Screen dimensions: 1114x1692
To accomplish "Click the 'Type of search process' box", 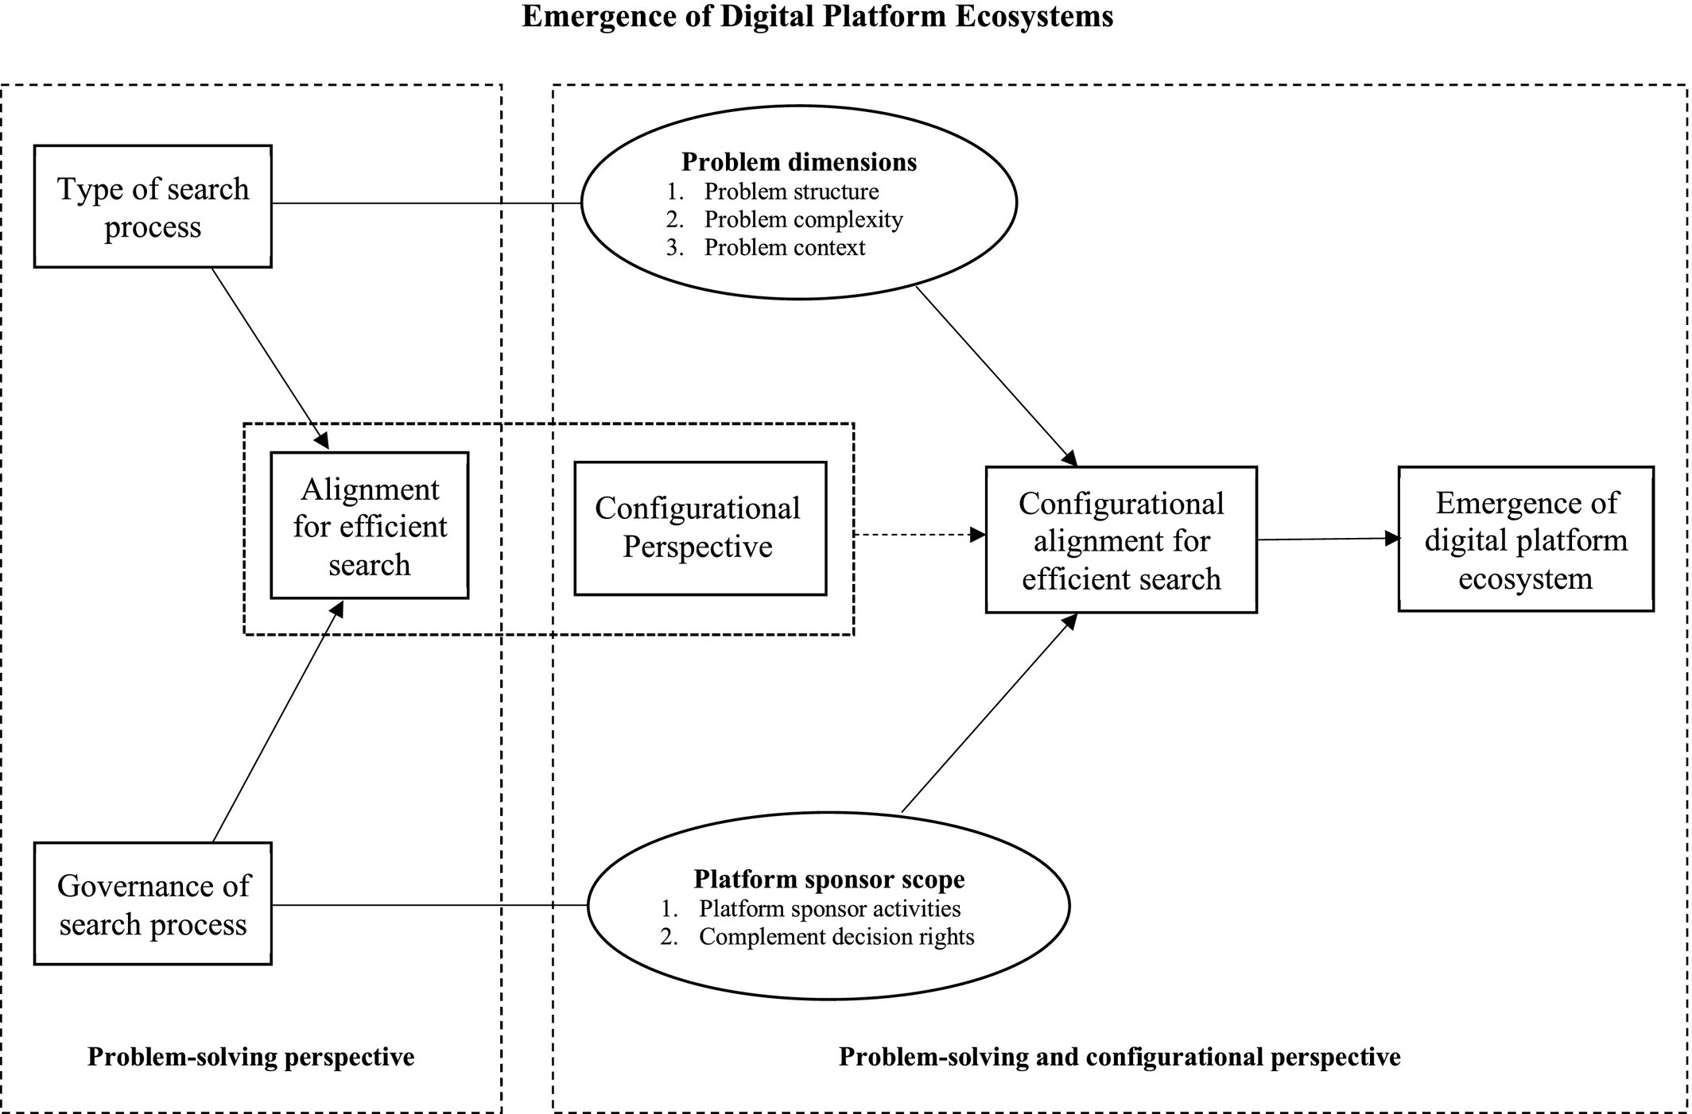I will [153, 207].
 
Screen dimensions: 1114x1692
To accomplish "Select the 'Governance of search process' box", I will [153, 904].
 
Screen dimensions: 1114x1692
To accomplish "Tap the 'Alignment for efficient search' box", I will [369, 526].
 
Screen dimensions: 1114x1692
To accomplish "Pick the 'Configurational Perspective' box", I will [700, 528].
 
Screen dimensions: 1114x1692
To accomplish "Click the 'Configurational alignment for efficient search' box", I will [1121, 540].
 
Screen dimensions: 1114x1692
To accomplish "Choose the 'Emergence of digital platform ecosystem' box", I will [1525, 540].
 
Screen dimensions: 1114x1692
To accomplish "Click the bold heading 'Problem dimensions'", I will [799, 162].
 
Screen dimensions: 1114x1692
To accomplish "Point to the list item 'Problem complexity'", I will [803, 219].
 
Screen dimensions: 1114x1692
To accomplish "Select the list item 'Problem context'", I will [784, 248].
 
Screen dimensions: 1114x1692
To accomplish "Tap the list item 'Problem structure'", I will [791, 191].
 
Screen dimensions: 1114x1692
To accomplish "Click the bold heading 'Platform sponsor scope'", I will [829, 879].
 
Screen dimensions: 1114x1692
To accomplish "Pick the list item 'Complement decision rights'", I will [836, 937].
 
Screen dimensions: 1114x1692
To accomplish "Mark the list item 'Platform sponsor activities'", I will [829, 908].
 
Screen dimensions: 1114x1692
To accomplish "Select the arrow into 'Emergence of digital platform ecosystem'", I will [1328, 539].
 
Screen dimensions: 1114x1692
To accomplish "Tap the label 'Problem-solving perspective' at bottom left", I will [250, 1057].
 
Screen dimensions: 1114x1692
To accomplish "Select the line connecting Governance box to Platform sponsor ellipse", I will [429, 904].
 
